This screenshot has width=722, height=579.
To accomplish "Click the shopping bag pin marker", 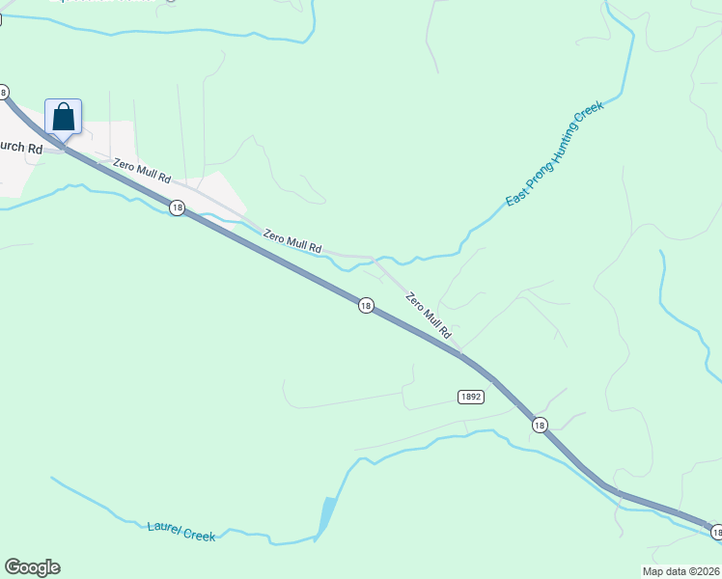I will pyautogui.click(x=63, y=118).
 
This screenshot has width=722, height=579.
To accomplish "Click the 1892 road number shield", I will pyautogui.click(x=470, y=397).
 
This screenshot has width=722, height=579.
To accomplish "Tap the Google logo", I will pyautogui.click(x=32, y=567).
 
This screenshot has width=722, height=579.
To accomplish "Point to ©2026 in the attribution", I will pyautogui.click(x=704, y=570).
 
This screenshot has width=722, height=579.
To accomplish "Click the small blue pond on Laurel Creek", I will pyautogui.click(x=326, y=514).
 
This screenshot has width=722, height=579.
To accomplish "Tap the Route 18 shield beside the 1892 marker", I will pyautogui.click(x=539, y=425).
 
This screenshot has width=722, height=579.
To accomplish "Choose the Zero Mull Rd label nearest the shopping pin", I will pyautogui.click(x=141, y=171).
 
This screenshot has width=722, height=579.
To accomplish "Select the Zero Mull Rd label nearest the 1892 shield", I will pyautogui.click(x=429, y=315).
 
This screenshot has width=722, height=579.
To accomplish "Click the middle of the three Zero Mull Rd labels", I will pyautogui.click(x=292, y=241).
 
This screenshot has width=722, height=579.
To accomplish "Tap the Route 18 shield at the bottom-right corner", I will pyautogui.click(x=716, y=533).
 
